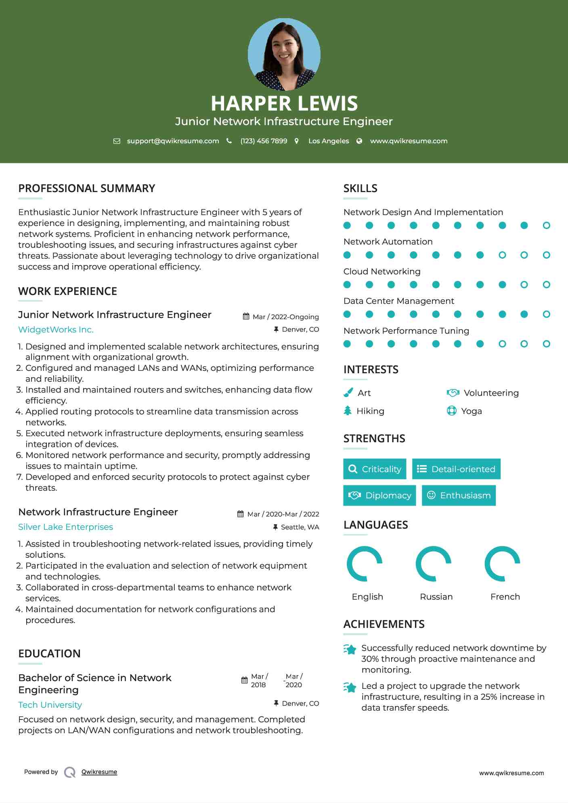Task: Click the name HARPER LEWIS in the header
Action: pos(284,103)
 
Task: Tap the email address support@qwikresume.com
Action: pos(173,141)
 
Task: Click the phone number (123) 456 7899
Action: pos(264,141)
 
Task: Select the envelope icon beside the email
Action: pos(117,141)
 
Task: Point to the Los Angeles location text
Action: pos(328,141)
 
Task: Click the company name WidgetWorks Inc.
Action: pos(56,330)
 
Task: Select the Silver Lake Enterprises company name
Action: pos(65,527)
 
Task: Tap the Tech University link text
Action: pos(50,705)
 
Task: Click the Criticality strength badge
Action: pos(375,469)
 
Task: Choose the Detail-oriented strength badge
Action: pos(456,469)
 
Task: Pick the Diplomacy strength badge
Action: pos(379,496)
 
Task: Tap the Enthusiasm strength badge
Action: pos(459,496)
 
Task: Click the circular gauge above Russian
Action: pos(434,564)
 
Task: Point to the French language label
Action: pos(505,597)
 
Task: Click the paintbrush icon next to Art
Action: pos(348,393)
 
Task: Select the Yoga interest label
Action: pos(471,411)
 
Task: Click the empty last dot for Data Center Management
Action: pos(546,314)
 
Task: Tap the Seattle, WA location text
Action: pos(300,527)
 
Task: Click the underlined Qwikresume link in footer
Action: pos(99,772)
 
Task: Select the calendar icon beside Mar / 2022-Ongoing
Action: pos(246,316)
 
